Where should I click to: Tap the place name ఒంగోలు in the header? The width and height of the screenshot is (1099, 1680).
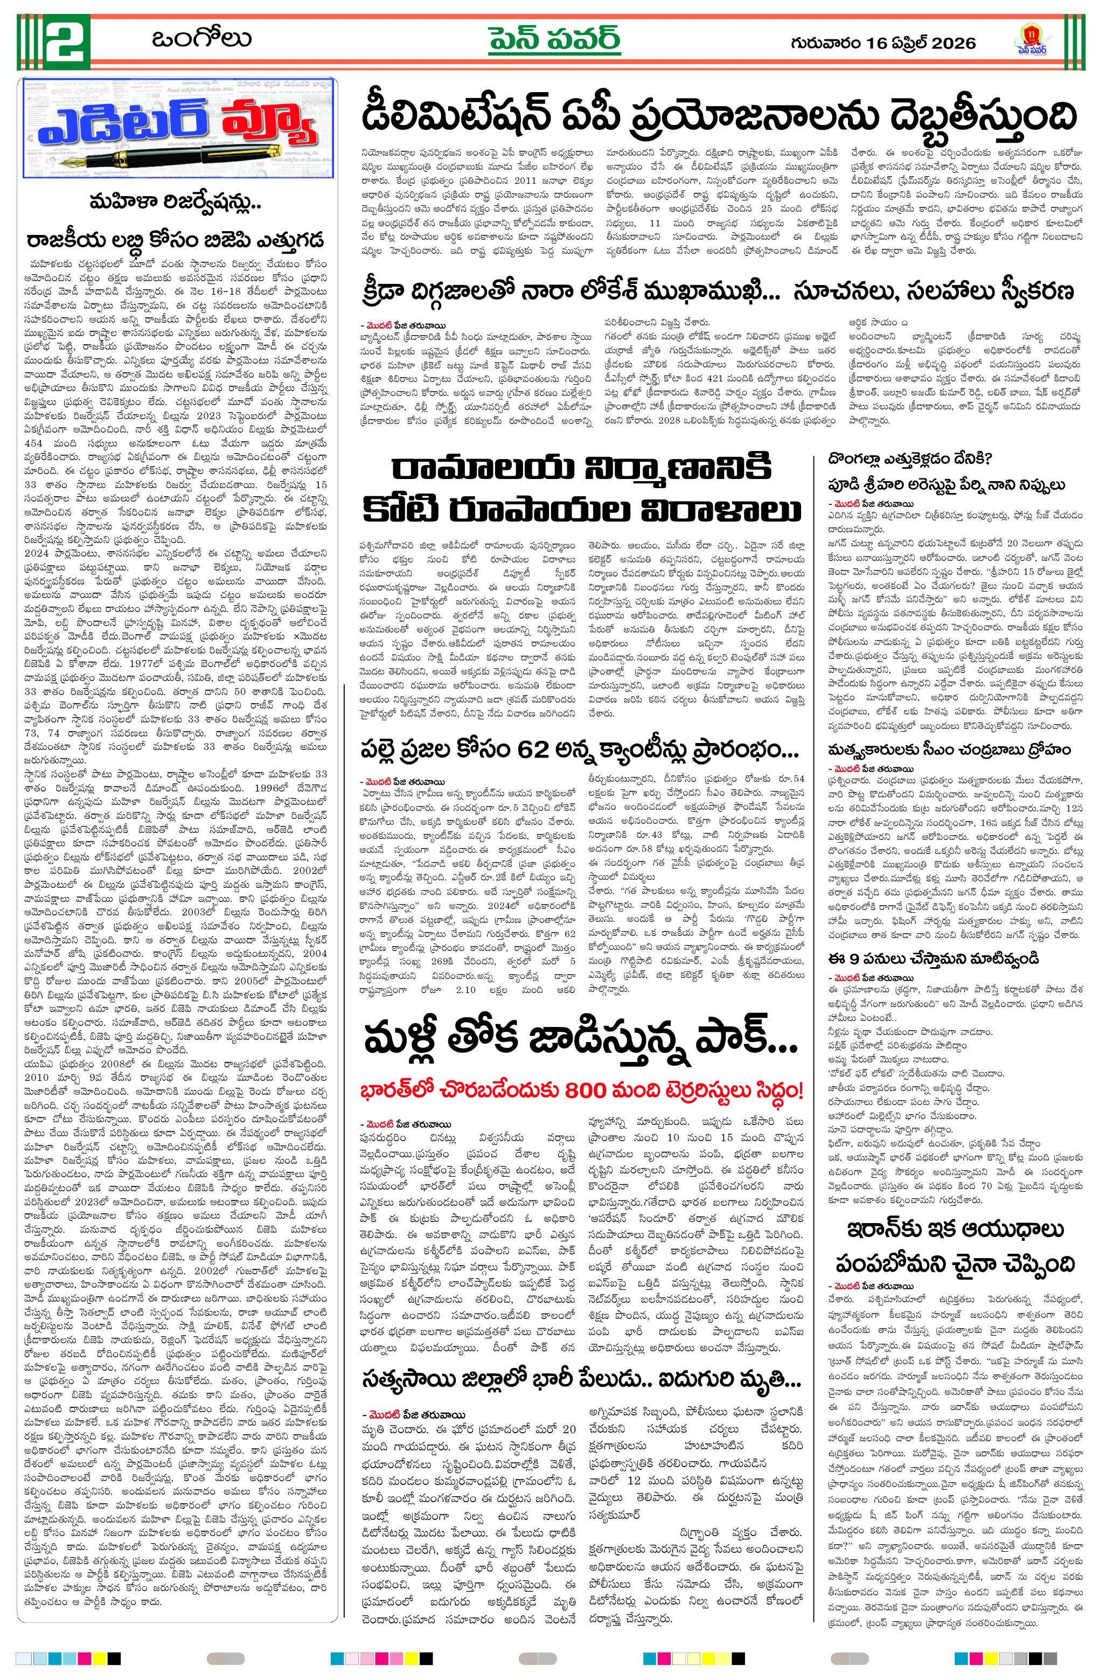click(x=201, y=39)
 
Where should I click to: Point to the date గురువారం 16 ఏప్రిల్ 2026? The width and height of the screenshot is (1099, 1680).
click(x=883, y=43)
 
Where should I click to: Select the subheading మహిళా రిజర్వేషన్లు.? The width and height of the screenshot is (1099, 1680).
click(x=175, y=203)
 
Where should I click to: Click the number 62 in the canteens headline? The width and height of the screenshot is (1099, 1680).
click(x=537, y=749)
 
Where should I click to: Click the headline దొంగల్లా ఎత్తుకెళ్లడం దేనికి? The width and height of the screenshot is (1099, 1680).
click(x=910, y=460)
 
